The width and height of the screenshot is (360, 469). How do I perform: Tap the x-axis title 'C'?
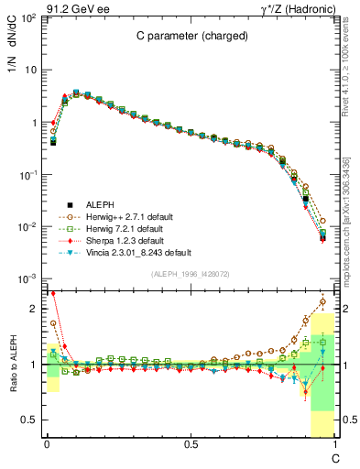(337, 456)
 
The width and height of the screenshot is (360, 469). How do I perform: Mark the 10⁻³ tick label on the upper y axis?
(27, 278)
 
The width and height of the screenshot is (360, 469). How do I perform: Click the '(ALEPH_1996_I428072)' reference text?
(190, 274)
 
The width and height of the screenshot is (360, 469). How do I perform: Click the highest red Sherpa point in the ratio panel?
(53, 294)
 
